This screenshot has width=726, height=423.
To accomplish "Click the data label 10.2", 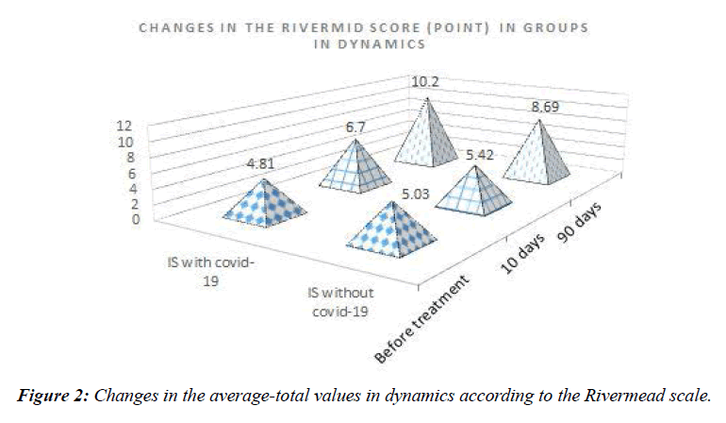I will point(426,82).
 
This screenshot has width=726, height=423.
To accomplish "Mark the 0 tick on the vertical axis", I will point(136,219).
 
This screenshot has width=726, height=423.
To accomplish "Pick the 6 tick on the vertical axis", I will point(136,173).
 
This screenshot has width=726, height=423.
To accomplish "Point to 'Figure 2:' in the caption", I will point(54,396).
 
